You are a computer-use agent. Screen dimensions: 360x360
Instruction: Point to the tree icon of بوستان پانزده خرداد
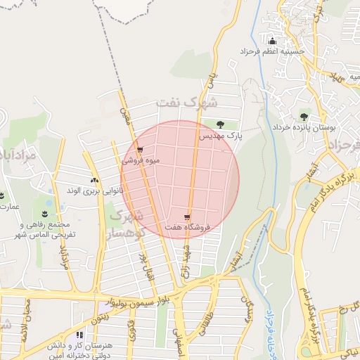(x=304, y=117)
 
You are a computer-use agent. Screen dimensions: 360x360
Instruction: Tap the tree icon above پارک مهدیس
(x=222, y=123)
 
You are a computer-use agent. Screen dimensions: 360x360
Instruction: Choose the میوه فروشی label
(x=141, y=160)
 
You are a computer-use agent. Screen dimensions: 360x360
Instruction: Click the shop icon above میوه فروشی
(x=141, y=150)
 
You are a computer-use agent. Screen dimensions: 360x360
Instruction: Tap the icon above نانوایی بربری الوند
(x=95, y=180)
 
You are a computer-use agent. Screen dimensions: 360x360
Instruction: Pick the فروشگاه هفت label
(x=188, y=229)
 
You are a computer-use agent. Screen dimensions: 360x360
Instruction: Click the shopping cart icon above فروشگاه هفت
(x=187, y=218)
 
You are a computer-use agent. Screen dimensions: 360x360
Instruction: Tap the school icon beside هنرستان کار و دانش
(x=79, y=335)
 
